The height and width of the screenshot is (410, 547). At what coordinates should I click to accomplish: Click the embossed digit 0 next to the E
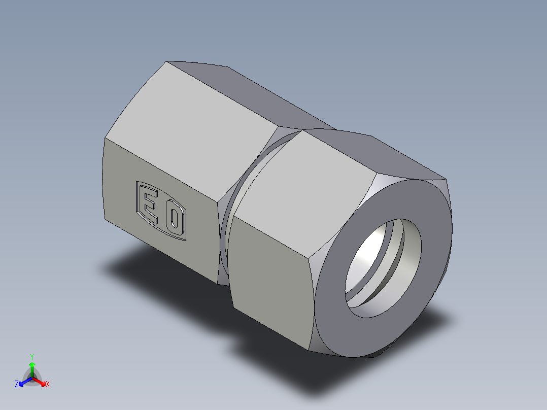click(175, 219)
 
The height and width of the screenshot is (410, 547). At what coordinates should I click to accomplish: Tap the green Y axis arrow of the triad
click(32, 365)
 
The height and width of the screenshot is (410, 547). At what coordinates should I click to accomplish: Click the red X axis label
click(48, 385)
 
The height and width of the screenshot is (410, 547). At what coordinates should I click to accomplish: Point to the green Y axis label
click(32, 357)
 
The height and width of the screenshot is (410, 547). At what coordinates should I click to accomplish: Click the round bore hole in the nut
click(375, 274)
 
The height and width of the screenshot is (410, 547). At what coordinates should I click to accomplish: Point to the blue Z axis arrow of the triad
click(23, 381)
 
